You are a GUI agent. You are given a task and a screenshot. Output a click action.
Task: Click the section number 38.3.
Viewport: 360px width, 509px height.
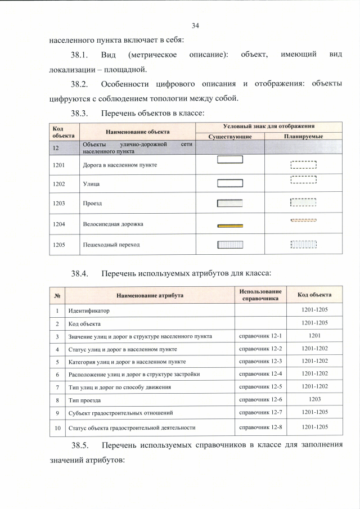point(80,113)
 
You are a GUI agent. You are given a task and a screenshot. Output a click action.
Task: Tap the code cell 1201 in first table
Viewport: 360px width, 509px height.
point(59,165)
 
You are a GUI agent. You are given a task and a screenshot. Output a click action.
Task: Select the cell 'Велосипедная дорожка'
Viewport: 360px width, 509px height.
point(113,224)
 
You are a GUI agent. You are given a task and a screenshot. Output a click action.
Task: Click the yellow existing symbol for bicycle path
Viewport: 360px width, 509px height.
point(229,226)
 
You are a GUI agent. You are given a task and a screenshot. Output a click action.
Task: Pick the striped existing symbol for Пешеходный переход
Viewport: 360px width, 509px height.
point(229,245)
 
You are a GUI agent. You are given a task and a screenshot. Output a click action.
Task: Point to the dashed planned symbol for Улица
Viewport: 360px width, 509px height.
point(304,180)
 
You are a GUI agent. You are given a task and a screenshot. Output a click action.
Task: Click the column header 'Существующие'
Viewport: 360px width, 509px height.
point(229,137)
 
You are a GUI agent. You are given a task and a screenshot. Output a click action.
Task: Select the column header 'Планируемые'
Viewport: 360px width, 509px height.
point(304,137)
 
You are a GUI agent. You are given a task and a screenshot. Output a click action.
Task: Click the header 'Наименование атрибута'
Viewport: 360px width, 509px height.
point(150,295)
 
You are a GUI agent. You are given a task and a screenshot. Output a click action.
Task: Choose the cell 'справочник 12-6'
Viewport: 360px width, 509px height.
point(260,399)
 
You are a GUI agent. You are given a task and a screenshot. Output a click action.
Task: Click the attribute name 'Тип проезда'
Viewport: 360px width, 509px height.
point(84,399)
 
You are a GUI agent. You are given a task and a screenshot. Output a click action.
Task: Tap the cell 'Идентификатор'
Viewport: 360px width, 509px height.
point(88,310)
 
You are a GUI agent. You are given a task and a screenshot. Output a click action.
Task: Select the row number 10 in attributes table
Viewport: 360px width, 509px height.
point(57,427)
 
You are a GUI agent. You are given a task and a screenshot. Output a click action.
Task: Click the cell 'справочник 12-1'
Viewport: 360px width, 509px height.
point(260,336)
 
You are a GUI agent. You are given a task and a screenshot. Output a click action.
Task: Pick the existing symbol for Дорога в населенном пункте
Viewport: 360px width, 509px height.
point(229,159)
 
